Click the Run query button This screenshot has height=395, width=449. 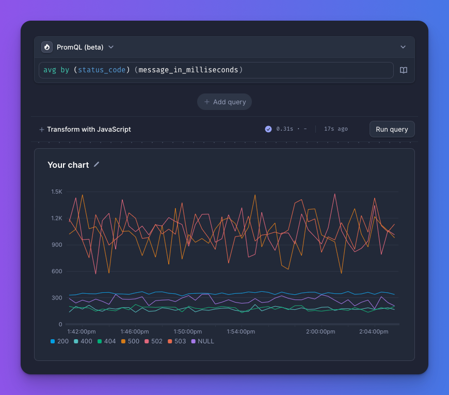392,129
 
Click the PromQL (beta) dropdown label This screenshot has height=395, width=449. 80,47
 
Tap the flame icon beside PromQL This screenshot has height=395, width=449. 47,47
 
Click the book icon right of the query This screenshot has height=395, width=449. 404,70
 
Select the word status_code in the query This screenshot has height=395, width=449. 102,70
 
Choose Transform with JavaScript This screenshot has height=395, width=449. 85,130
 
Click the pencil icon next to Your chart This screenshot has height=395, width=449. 97,165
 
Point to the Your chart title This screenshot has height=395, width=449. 68,165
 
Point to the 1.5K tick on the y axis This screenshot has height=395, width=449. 56,192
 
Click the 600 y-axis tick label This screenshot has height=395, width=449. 57,272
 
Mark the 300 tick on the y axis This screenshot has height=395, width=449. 57,298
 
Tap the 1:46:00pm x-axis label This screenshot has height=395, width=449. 135,331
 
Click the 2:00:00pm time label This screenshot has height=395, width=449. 321,331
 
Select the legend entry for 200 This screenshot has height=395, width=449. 60,341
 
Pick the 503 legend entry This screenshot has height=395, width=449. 177,341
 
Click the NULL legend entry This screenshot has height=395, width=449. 202,341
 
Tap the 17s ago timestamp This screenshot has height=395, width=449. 335,129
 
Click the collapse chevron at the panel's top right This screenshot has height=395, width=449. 403,47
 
